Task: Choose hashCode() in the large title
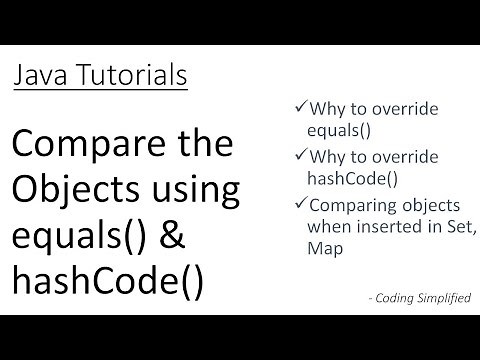108,281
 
